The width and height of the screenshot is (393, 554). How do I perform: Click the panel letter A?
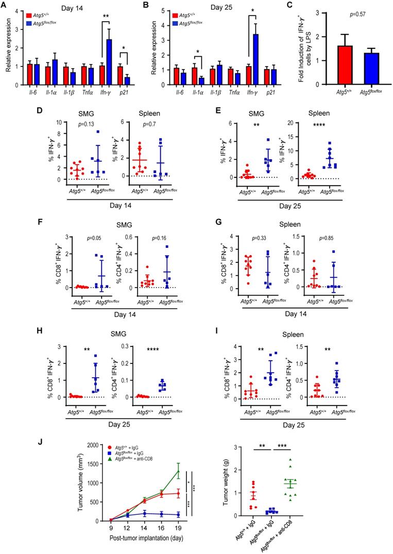(6, 6)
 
